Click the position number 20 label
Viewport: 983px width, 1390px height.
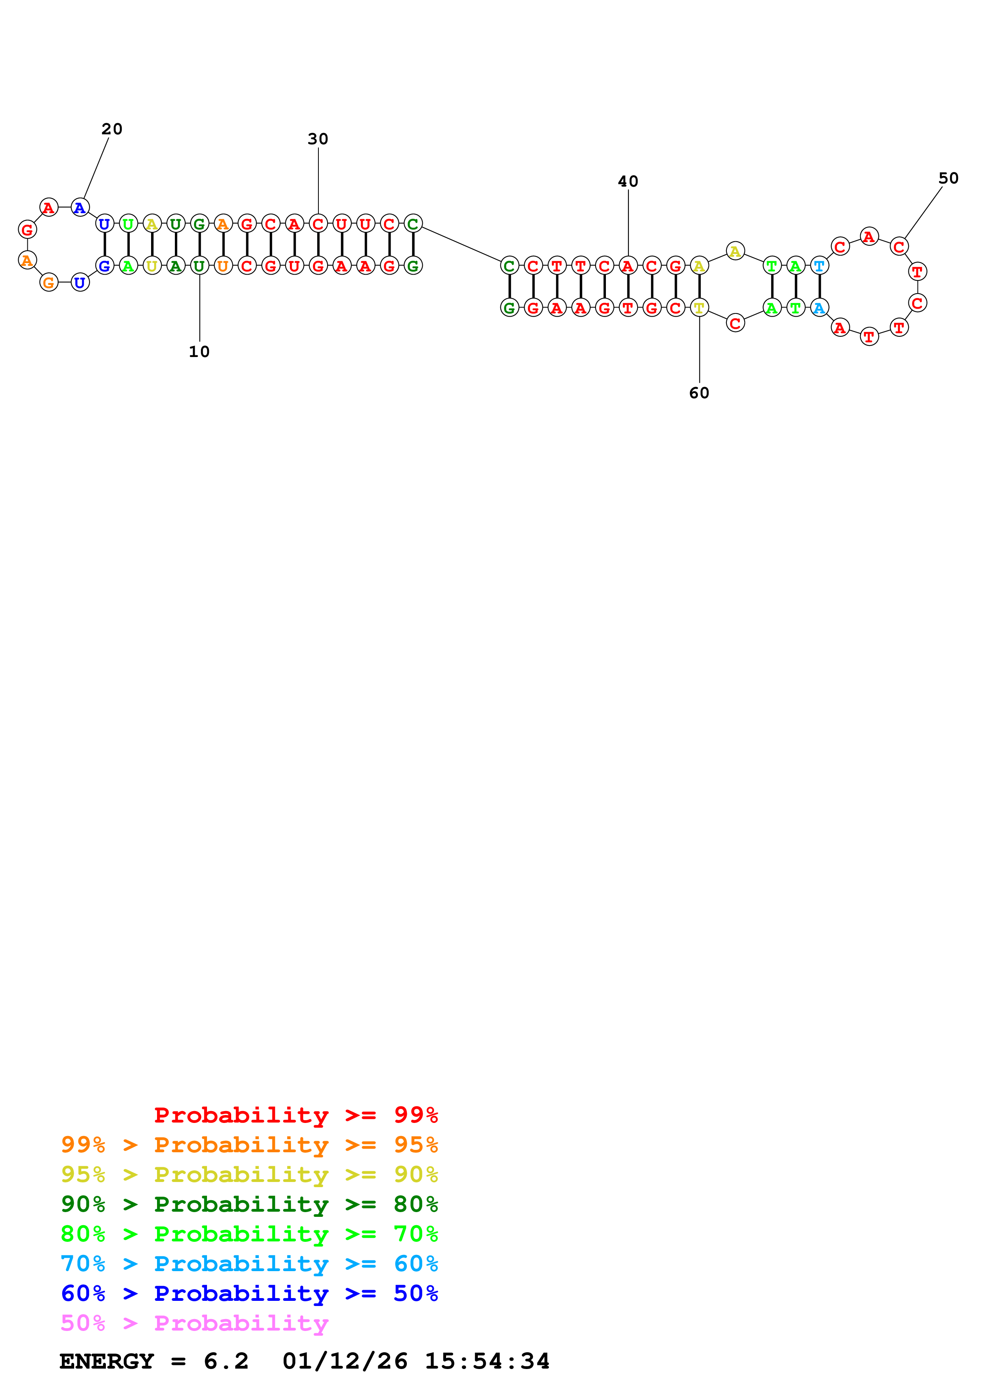click(x=112, y=129)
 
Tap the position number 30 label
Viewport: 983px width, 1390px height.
click(x=318, y=139)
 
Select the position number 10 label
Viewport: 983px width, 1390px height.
click(x=199, y=352)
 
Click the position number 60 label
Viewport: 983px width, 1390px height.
click(x=699, y=393)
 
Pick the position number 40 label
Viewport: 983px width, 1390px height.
click(x=628, y=181)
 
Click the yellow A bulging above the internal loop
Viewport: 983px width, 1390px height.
click(x=735, y=251)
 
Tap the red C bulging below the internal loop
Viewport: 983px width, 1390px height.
click(x=735, y=323)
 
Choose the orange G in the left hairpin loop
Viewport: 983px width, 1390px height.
click(x=49, y=282)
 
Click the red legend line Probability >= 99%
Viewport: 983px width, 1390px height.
click(x=296, y=1115)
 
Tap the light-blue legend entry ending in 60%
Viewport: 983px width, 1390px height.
click(x=249, y=1264)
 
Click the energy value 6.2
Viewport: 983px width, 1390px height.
click(x=226, y=1361)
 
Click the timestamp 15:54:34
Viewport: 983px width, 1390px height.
click(x=487, y=1361)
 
